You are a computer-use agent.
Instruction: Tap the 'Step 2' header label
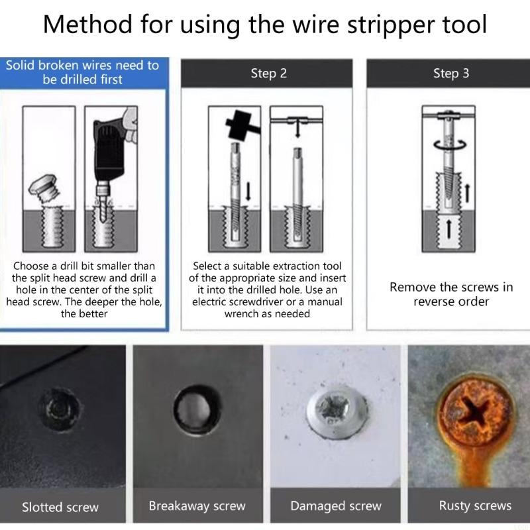click(268, 74)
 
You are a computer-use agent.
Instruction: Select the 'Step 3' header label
click(451, 74)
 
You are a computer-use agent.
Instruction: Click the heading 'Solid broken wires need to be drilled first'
click(82, 72)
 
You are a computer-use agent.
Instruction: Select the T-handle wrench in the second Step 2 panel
click(296, 123)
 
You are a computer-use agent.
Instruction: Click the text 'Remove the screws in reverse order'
click(451, 294)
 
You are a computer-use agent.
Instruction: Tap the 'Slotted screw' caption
click(60, 507)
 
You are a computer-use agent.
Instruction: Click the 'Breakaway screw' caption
click(197, 506)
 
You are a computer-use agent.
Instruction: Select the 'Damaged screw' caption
click(336, 506)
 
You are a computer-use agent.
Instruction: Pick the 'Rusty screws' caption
click(475, 506)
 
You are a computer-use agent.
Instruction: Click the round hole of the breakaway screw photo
click(197, 406)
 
